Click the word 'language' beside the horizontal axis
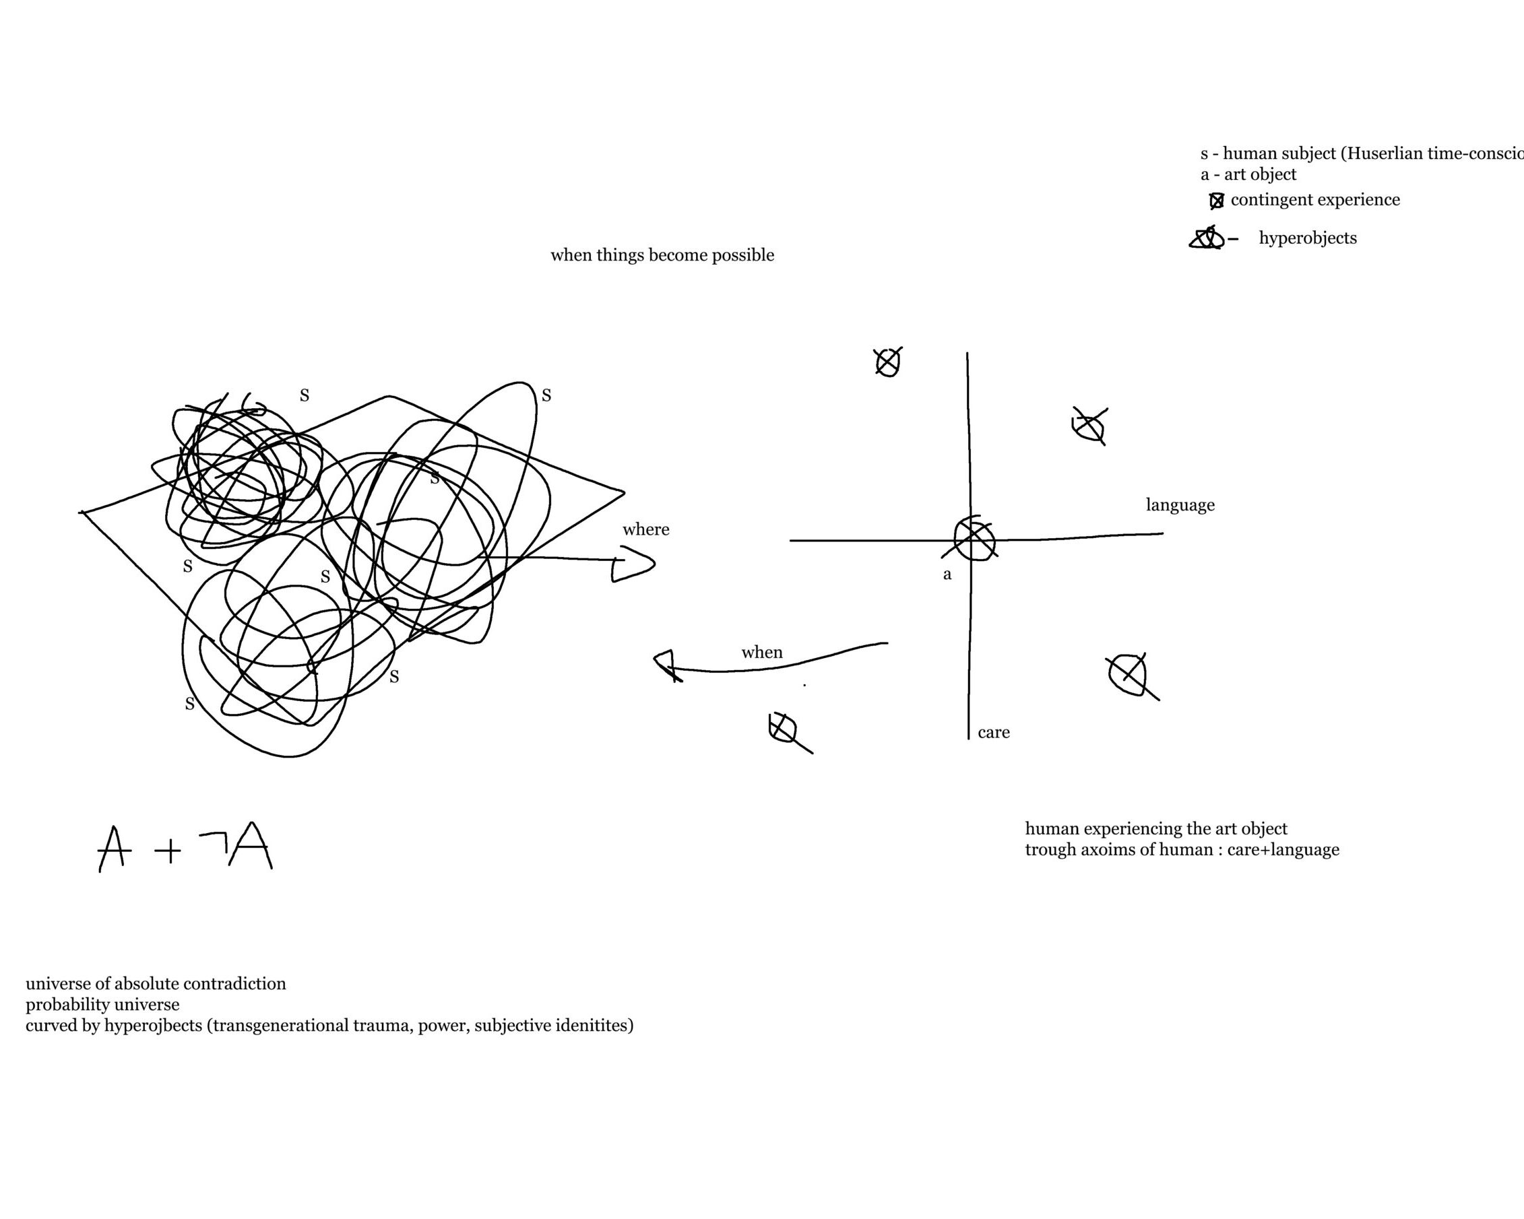click(1180, 504)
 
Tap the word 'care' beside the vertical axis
click(993, 732)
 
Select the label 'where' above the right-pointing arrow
click(645, 529)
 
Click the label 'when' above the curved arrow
click(761, 652)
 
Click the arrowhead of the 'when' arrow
click(666, 665)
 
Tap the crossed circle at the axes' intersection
click(974, 539)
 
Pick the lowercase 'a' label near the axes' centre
click(947, 574)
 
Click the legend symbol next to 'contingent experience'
click(1217, 201)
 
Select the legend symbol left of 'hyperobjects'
click(1208, 238)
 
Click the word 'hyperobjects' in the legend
click(1308, 238)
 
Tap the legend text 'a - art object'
click(1248, 174)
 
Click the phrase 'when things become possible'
click(662, 255)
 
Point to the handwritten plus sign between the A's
click(168, 850)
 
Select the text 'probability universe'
click(102, 1004)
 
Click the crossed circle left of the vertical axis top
click(888, 362)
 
